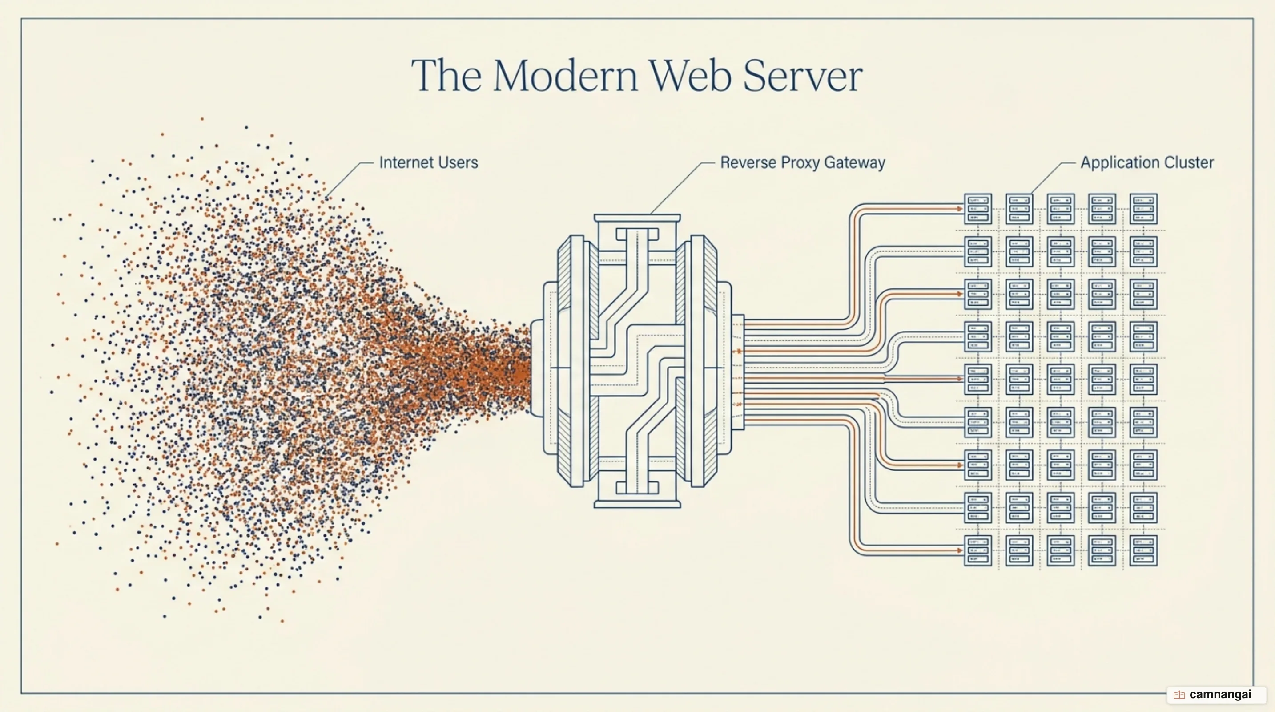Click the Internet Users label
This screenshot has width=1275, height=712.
click(429, 162)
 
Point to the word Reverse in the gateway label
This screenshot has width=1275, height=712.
click(748, 162)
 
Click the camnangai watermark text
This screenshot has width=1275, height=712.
click(1220, 694)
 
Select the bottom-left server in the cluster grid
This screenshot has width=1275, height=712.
click(978, 550)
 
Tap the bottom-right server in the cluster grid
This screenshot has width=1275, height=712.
click(1143, 550)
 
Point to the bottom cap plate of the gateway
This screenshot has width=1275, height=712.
click(637, 505)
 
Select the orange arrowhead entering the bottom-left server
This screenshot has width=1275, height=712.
click(960, 550)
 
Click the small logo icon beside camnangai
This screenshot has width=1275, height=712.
click(1179, 695)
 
